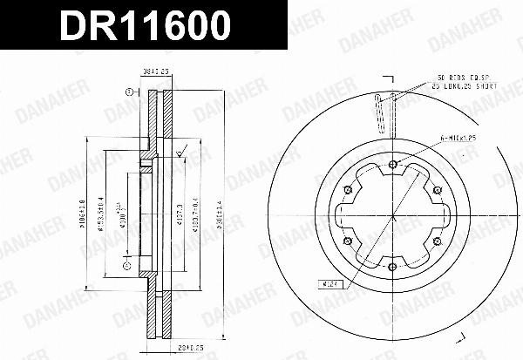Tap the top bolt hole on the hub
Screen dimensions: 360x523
click(x=394, y=166)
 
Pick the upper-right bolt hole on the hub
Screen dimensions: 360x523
click(x=437, y=191)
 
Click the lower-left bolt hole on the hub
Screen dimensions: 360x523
click(x=350, y=241)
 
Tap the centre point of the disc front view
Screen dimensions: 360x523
click(x=394, y=216)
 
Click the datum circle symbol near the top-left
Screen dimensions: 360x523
click(x=128, y=91)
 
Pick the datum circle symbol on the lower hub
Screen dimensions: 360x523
click(x=126, y=265)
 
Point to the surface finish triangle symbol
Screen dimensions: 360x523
click(x=180, y=155)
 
